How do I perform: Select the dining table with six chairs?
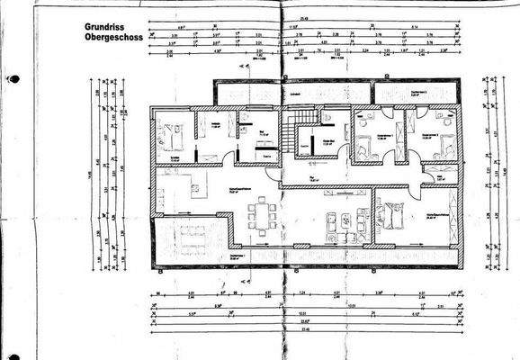[265, 215]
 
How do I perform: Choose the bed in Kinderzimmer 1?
[365, 145]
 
